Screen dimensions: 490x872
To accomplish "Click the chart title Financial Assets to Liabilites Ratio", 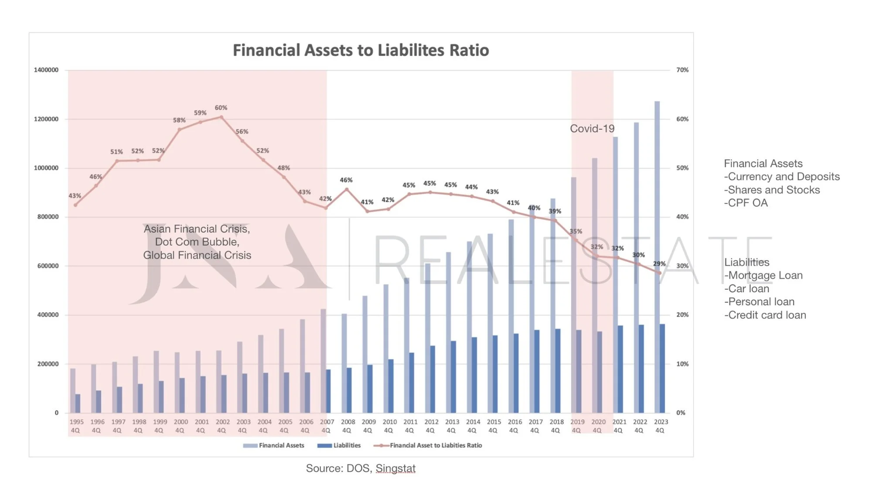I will click(361, 50).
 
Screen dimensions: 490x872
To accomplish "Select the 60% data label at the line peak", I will click(221, 108).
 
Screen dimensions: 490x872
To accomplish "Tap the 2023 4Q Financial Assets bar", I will click(657, 257).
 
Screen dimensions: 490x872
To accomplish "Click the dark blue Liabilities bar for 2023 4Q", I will click(662, 368).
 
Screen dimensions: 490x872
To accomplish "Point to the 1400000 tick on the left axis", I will click(46, 70).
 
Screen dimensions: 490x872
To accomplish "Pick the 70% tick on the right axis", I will click(682, 70).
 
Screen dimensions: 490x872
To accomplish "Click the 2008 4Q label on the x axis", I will click(347, 426).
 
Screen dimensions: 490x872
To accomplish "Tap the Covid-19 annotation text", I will click(592, 128).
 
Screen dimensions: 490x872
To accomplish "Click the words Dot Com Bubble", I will click(197, 242).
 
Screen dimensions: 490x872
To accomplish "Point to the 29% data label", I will click(659, 264).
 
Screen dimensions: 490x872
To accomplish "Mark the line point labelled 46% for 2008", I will click(347, 189).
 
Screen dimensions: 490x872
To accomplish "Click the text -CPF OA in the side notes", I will click(746, 203).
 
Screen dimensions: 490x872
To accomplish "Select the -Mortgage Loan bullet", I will click(763, 275).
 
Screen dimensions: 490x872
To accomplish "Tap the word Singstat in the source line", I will click(395, 468).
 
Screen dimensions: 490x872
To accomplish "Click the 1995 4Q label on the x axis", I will click(76, 426).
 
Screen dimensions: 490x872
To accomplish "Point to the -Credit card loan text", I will click(765, 315).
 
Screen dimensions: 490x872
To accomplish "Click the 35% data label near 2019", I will click(576, 231).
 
